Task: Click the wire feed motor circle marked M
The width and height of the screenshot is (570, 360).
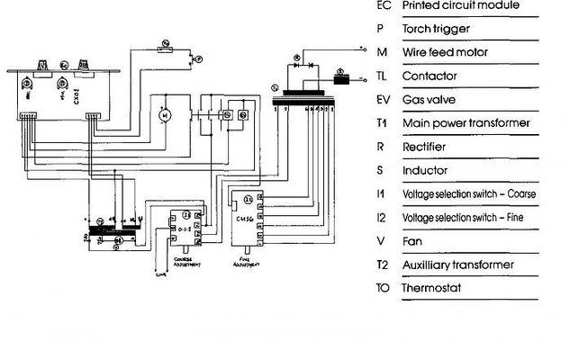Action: point(163,114)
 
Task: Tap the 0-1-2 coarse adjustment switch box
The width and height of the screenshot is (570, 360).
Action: point(185,230)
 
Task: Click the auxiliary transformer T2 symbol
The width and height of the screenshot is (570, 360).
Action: point(115,230)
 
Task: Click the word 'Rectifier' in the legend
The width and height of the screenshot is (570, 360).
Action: point(422,147)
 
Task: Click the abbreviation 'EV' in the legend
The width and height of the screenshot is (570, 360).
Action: point(383,100)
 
